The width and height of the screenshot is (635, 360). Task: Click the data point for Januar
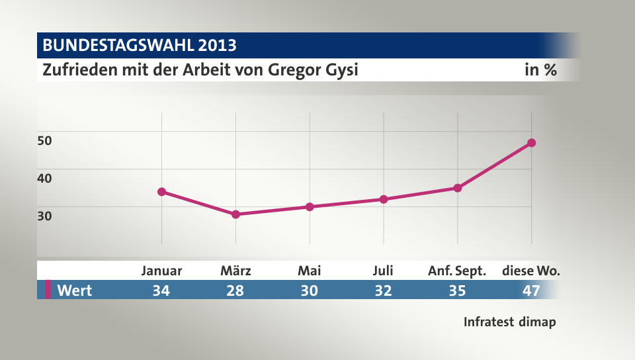(161, 192)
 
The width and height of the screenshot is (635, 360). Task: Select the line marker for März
(235, 214)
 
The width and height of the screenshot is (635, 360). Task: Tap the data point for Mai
(310, 206)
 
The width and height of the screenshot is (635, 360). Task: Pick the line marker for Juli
(384, 199)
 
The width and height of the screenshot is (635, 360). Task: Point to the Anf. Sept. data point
(457, 188)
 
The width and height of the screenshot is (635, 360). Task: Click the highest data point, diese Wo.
(531, 143)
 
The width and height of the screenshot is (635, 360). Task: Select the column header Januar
(161, 271)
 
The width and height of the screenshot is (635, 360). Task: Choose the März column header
(235, 271)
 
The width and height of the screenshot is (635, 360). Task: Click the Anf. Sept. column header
(457, 271)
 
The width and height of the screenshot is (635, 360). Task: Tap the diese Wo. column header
(531, 271)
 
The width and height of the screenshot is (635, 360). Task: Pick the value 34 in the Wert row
(161, 290)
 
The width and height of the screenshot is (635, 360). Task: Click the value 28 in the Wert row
(235, 290)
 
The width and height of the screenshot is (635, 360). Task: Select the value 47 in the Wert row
(531, 290)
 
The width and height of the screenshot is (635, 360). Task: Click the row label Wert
(74, 290)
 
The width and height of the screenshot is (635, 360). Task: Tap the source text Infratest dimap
(509, 322)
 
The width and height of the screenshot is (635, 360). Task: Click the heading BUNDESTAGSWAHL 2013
(140, 46)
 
